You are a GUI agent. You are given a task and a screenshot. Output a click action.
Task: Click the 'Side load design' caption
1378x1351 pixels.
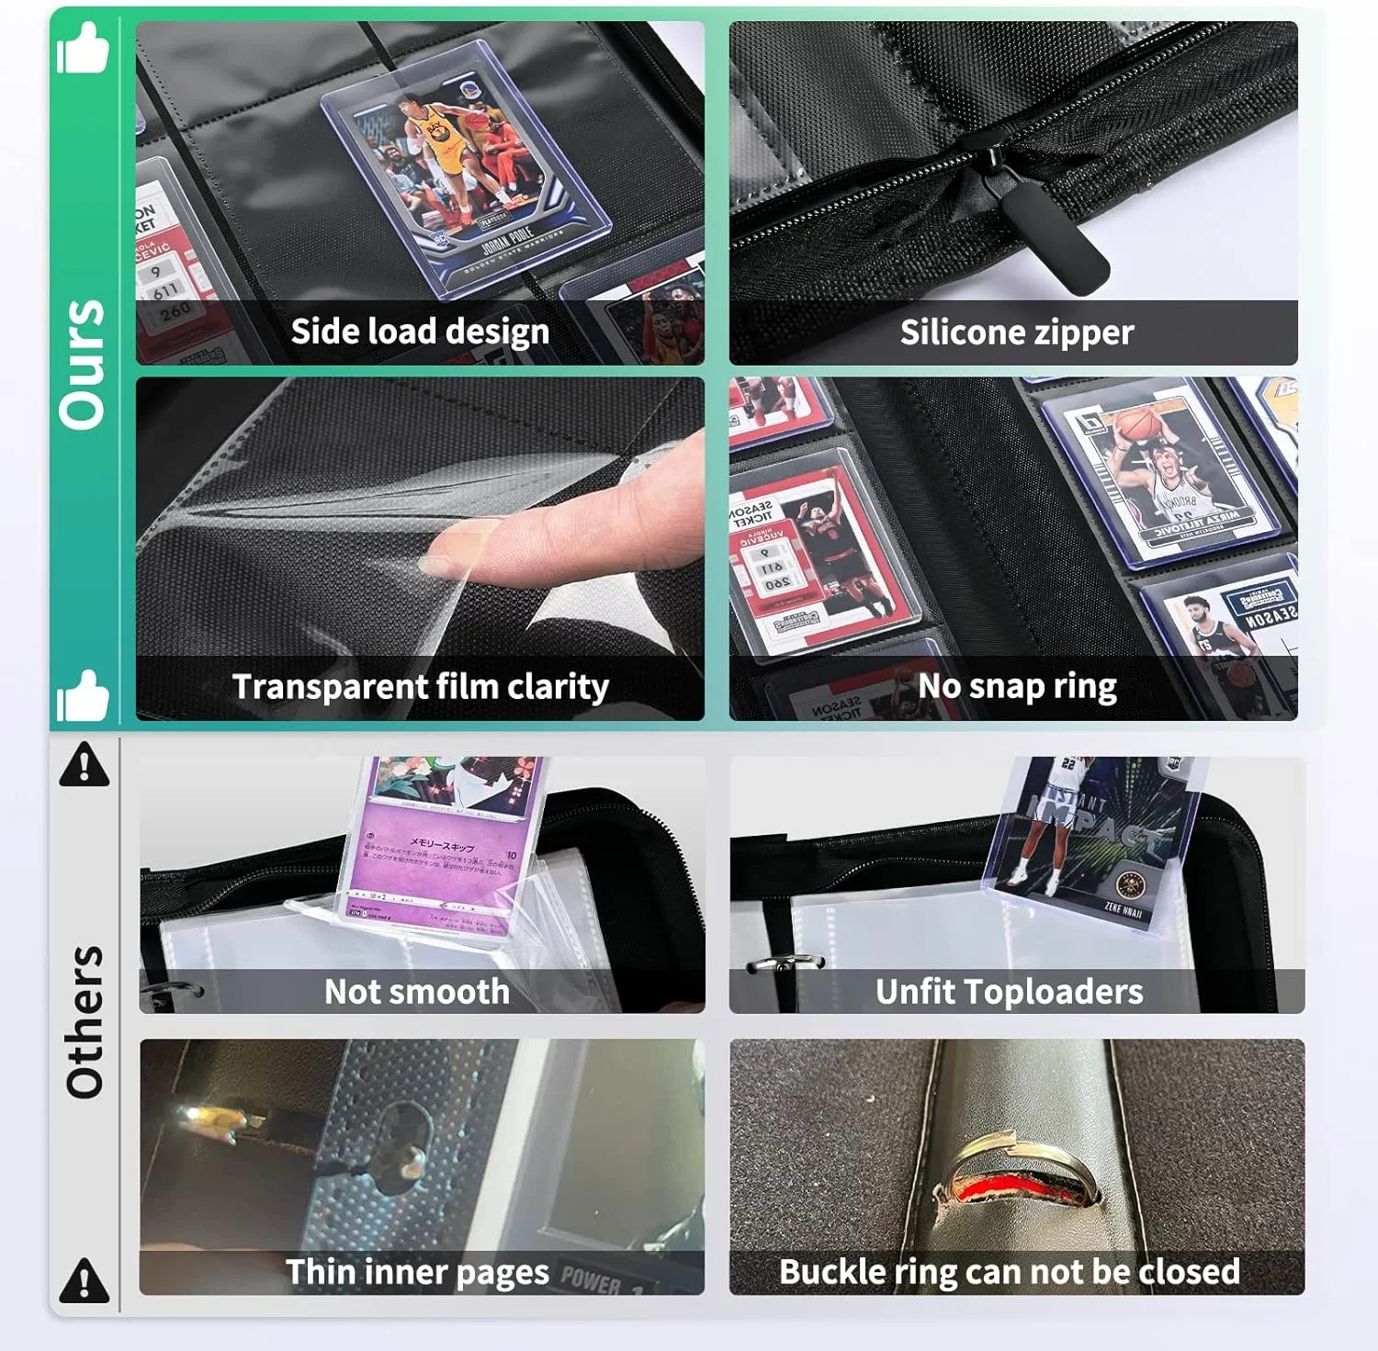coord(420,332)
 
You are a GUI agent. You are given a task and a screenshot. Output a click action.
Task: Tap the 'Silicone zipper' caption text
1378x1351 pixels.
coord(1016,332)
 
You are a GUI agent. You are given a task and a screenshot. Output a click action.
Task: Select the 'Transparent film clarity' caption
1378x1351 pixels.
coord(420,687)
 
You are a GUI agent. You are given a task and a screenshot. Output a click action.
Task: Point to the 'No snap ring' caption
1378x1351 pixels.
coord(1016,686)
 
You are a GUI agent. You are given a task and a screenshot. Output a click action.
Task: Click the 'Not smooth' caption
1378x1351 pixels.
coord(417,992)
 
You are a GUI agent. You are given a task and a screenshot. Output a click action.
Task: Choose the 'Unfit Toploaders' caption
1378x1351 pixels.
coord(1009,992)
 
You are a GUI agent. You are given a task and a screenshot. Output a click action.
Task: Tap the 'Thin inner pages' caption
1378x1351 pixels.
coord(417,1272)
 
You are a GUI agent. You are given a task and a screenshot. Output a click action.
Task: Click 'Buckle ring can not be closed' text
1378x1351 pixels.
coord(1009,1272)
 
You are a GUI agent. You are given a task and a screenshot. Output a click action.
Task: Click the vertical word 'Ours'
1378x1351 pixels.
coord(83,364)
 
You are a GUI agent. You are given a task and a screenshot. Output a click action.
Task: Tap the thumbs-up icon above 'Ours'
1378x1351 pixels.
coord(83,50)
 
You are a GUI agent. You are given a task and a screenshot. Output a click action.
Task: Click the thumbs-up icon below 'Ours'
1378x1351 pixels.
coord(83,696)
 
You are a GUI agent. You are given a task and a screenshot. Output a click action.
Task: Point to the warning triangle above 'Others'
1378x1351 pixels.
coord(84,764)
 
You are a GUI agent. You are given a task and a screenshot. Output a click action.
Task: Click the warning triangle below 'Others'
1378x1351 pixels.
coord(84,1280)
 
